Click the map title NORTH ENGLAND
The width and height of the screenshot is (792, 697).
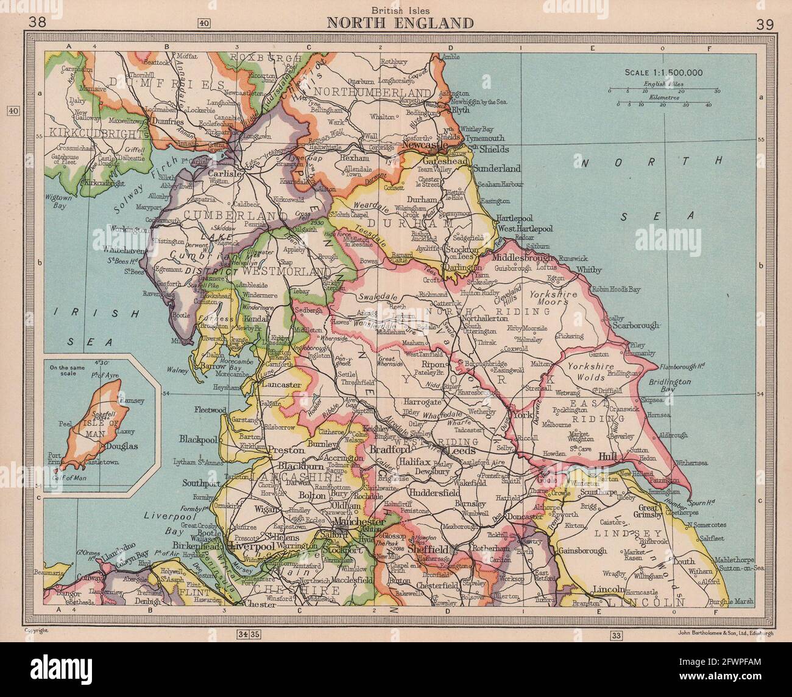(400, 23)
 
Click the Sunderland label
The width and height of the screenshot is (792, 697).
(496, 168)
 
